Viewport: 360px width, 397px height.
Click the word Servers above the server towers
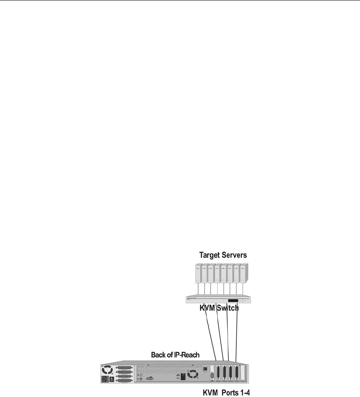click(234, 255)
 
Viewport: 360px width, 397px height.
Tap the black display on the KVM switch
click(233, 301)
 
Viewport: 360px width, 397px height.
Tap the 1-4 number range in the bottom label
click(245, 392)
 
